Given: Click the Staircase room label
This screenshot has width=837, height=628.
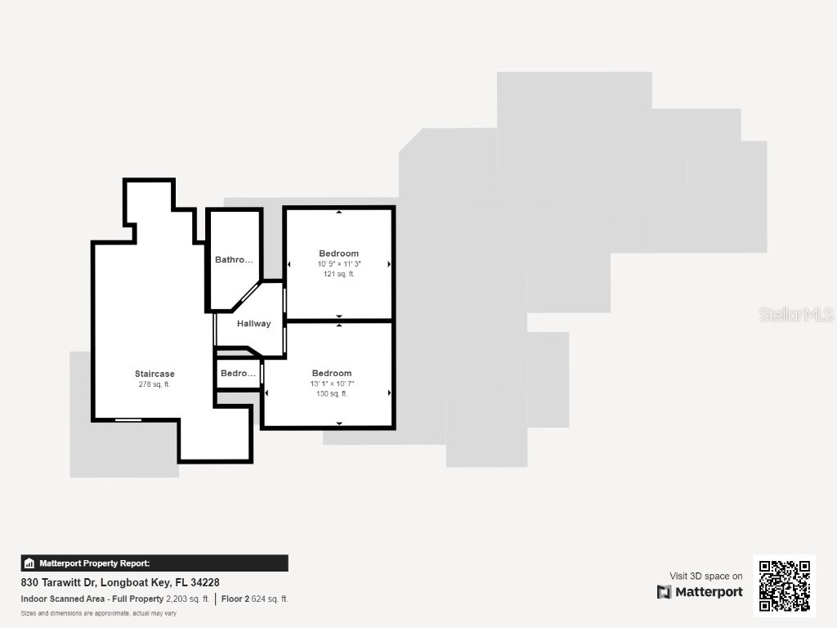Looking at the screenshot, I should [154, 374].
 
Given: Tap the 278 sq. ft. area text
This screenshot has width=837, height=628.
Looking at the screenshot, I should [154, 384].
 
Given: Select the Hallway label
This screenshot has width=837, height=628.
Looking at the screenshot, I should [253, 324].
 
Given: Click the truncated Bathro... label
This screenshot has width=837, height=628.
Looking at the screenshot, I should [234, 260].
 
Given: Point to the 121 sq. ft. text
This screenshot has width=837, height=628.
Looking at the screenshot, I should [338, 274].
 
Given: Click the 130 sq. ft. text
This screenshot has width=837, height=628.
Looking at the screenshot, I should [332, 393].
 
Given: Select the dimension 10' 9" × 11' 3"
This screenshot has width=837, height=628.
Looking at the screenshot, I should [338, 264].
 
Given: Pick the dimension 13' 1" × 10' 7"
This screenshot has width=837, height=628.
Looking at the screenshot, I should [332, 384].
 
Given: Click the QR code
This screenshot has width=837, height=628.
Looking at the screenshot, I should [784, 585].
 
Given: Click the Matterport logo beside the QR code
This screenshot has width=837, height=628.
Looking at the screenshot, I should [700, 592].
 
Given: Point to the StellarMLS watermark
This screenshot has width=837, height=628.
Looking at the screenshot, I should [795, 315].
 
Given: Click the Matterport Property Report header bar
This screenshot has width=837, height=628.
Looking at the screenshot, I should [154, 563].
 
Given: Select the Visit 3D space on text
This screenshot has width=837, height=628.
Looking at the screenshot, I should [705, 576].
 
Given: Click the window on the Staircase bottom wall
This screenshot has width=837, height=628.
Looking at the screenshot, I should [128, 420].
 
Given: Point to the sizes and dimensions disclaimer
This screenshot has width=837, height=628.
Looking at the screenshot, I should [99, 613].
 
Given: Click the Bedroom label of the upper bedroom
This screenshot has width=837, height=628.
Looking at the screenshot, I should [338, 253].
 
